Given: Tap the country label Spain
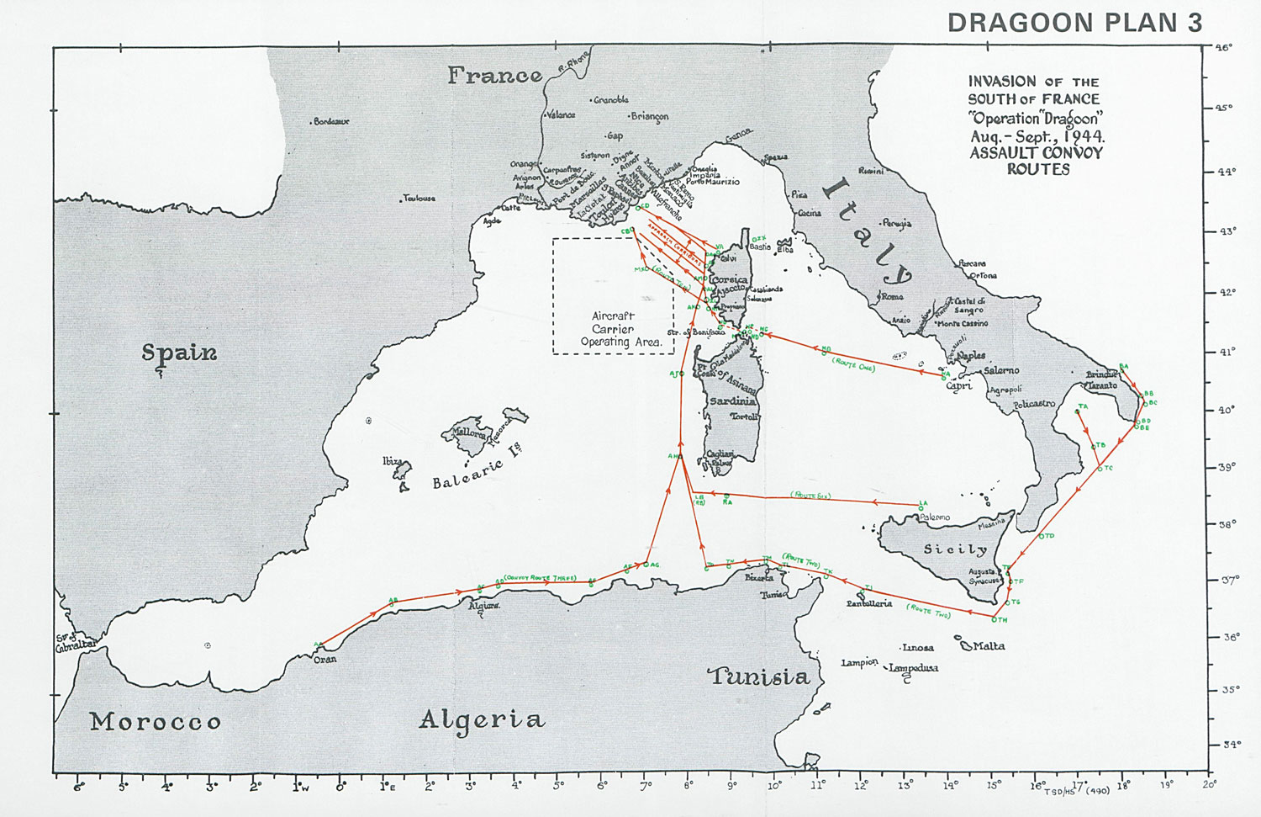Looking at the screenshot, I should [x=179, y=353].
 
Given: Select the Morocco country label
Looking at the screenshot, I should [x=156, y=722].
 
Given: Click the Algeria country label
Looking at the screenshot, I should [x=482, y=719].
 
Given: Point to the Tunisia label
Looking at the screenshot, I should [x=759, y=676].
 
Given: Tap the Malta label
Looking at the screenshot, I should [x=988, y=646].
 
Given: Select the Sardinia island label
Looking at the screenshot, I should [x=733, y=401].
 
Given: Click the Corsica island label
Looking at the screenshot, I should [x=729, y=280].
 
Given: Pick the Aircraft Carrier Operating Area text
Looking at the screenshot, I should [x=613, y=329].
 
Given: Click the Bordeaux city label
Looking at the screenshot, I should [x=331, y=122].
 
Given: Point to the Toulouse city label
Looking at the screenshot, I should [x=419, y=199].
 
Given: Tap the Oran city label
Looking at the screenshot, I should [x=325, y=660].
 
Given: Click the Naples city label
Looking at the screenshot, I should [x=970, y=356].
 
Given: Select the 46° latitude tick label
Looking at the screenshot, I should [x=1222, y=48].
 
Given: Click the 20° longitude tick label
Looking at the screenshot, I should [x=1209, y=784].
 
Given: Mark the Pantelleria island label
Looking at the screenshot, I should [x=868, y=603].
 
